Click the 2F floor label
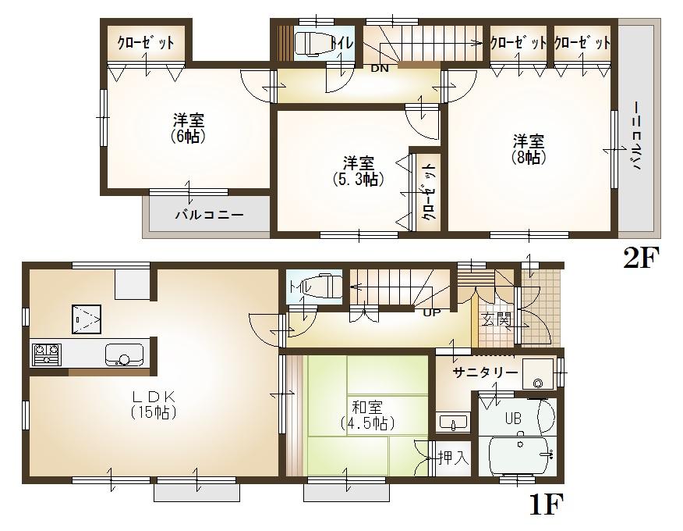(641, 258)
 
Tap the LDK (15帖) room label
(153, 402)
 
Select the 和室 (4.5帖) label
(366, 415)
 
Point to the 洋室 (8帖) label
(529, 148)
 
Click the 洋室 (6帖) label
(189, 127)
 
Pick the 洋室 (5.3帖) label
(359, 171)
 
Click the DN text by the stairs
(380, 69)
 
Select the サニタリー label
(486, 373)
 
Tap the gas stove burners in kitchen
(45, 355)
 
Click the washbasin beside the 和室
(452, 423)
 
